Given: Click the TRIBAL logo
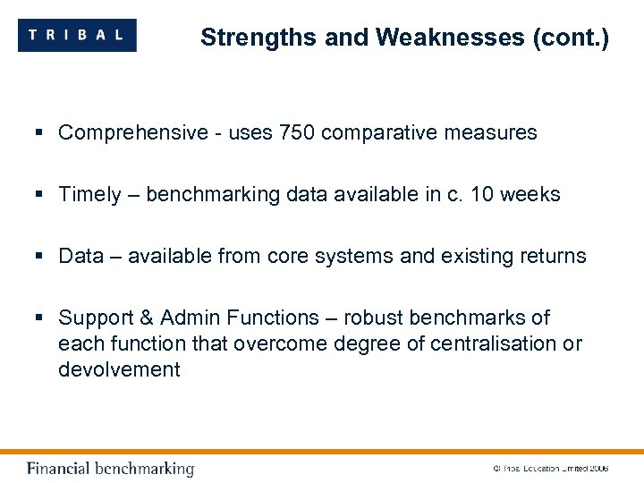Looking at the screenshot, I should (x=77, y=36).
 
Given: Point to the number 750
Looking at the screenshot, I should (x=297, y=133).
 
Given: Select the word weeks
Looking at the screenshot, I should (x=532, y=195).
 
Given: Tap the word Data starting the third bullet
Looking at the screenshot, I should (x=81, y=257).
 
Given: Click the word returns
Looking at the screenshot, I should (x=552, y=257).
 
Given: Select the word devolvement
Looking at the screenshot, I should (x=119, y=369).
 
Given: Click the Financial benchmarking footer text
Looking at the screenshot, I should (x=110, y=469).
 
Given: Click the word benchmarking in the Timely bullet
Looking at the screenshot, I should (x=212, y=195).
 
